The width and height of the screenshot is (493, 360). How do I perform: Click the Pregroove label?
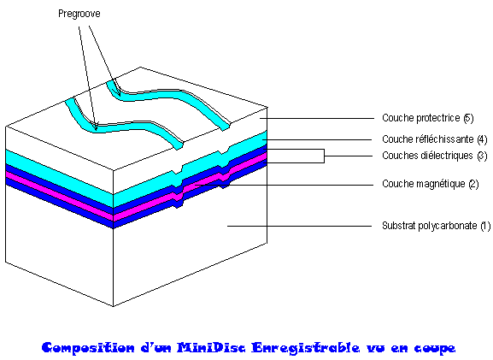point(79,14)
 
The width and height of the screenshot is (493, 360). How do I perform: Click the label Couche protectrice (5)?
point(427,118)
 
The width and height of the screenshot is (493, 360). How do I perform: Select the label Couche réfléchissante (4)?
point(435,139)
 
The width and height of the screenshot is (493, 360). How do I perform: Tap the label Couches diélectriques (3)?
point(435,156)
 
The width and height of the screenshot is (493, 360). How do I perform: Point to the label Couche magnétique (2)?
point(430,184)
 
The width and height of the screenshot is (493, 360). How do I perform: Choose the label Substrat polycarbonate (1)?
point(436,226)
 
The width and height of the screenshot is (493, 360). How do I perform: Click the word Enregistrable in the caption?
point(306,348)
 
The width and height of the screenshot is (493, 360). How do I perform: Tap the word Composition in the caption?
point(88,348)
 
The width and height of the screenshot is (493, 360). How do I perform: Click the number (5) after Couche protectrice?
point(468,118)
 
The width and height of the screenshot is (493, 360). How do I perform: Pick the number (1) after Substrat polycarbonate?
point(485,226)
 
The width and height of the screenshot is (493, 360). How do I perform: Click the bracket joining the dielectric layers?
point(324,156)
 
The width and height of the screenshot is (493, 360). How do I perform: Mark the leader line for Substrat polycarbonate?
point(300,226)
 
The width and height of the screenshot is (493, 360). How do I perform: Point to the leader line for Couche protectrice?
point(317,118)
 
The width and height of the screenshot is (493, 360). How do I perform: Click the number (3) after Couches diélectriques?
point(482,156)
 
